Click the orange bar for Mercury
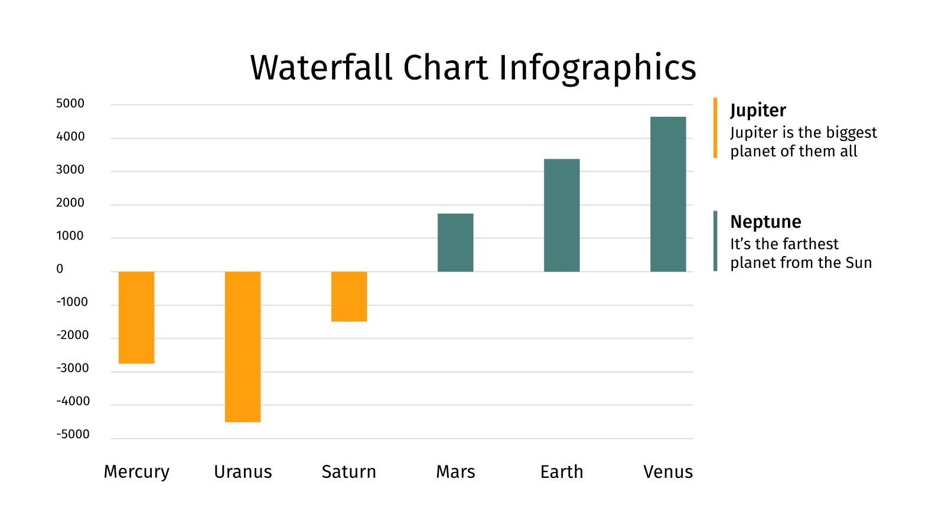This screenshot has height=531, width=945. [136, 317]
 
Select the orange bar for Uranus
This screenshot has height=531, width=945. [243, 347]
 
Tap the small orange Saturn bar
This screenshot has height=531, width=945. [349, 297]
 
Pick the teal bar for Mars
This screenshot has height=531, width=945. [455, 242]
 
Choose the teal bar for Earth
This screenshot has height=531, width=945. [562, 215]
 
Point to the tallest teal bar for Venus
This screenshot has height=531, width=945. [668, 194]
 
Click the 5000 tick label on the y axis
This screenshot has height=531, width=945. [70, 104]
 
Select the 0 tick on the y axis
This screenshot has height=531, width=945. [60, 269]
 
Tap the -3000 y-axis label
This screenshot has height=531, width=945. [73, 368]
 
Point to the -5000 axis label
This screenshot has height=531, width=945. [73, 434]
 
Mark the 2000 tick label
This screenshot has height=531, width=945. [70, 203]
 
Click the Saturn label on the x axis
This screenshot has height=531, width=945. [348, 472]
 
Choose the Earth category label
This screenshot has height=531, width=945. [562, 472]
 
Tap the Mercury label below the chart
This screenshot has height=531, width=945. [136, 472]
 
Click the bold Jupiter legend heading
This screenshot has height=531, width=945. [758, 111]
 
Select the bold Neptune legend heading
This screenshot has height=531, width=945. [765, 222]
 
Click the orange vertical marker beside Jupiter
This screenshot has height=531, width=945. [715, 128]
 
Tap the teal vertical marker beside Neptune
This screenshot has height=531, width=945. [715, 241]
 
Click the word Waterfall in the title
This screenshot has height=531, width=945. [321, 67]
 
